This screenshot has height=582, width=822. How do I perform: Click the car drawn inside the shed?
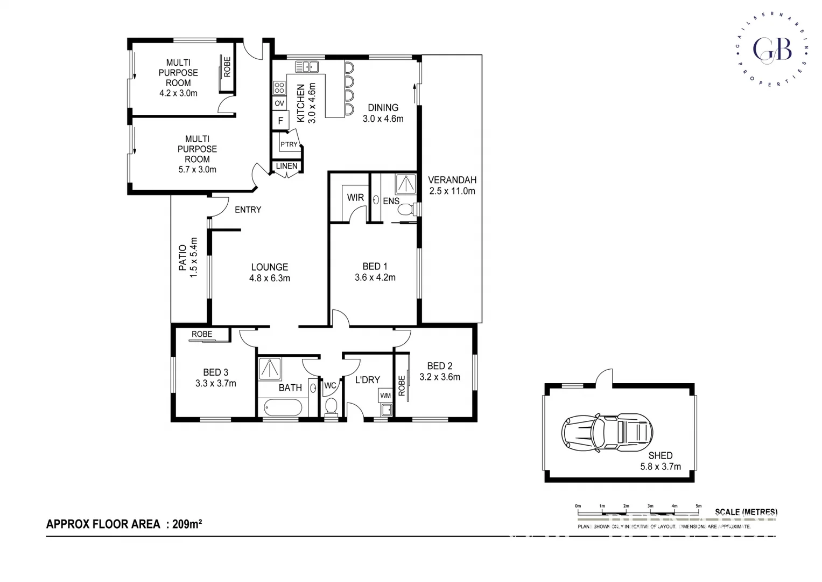(x=607, y=432)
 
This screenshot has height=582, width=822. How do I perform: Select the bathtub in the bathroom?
(x=283, y=408)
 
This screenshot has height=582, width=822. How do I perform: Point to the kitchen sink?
(x=307, y=67)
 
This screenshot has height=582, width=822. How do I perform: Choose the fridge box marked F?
(x=280, y=121)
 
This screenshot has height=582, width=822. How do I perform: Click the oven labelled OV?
(x=279, y=103)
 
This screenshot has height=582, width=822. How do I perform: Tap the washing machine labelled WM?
(x=385, y=396)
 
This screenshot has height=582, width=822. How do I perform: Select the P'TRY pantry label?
(x=289, y=144)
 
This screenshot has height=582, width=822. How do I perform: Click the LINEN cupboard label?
(x=286, y=166)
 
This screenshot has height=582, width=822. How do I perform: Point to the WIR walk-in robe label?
(x=355, y=198)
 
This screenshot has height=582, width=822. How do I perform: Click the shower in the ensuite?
(x=406, y=184)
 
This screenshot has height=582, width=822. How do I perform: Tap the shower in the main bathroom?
(x=270, y=369)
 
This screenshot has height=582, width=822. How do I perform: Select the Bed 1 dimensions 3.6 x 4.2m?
(x=375, y=278)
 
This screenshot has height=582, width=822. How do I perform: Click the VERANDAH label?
(x=452, y=180)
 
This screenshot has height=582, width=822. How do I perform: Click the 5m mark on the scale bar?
(x=698, y=506)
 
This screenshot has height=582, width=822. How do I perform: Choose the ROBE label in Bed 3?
(x=202, y=334)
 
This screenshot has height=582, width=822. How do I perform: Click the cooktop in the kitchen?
(x=279, y=88)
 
